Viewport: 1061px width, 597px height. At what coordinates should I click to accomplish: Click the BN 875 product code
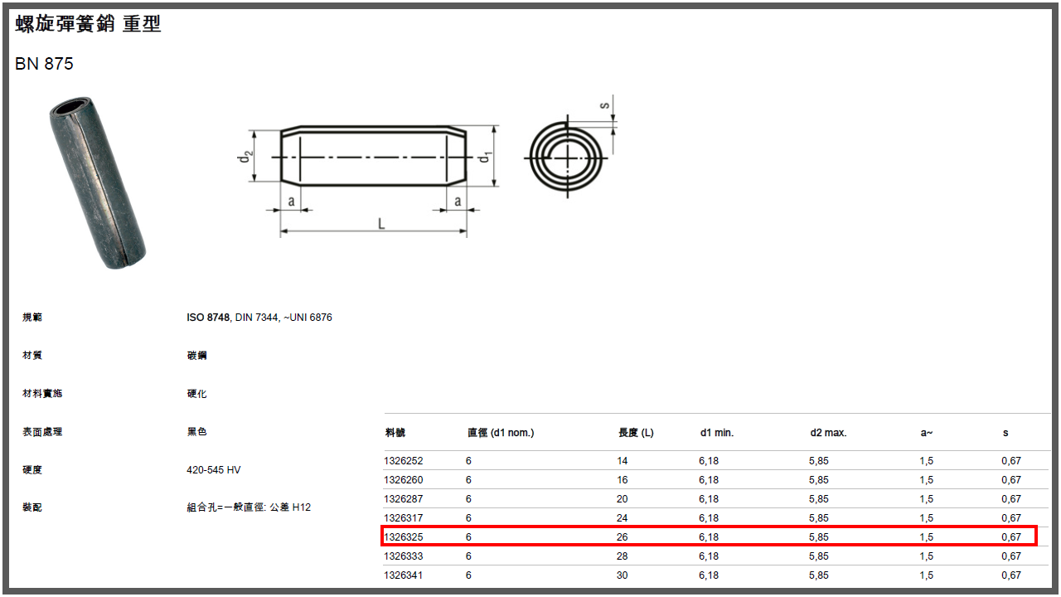pyautogui.click(x=44, y=64)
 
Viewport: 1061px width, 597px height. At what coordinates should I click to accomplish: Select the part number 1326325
pyautogui.click(x=403, y=536)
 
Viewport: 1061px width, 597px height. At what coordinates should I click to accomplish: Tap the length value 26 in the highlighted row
pyautogui.click(x=622, y=536)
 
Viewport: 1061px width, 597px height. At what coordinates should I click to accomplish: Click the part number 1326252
pyautogui.click(x=403, y=460)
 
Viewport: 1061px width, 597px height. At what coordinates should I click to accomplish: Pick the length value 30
pyautogui.click(x=622, y=575)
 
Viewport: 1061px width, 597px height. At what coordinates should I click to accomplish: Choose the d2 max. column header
pyautogui.click(x=828, y=433)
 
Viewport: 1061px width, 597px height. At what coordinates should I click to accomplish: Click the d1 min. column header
pyautogui.click(x=717, y=433)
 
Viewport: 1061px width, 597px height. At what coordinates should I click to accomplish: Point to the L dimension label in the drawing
pyautogui.click(x=381, y=224)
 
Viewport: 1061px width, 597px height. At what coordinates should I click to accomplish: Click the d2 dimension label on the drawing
pyautogui.click(x=245, y=157)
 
